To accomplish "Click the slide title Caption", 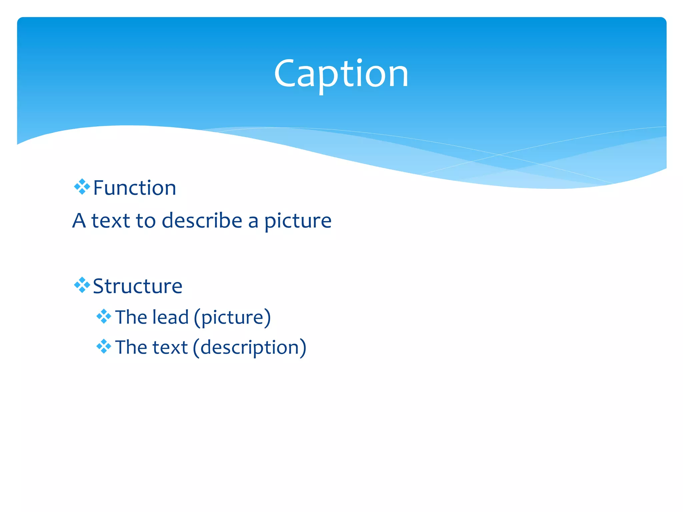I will click(x=341, y=74).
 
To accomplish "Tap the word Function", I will click(x=134, y=188).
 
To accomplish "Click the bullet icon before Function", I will click(x=82, y=187).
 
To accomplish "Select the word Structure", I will click(x=137, y=286).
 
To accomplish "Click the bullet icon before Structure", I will click(x=82, y=285).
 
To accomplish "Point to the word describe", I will click(x=202, y=220).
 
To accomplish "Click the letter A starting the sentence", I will click(x=79, y=221).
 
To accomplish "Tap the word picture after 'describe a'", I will click(x=298, y=221).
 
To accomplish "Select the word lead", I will click(x=170, y=317).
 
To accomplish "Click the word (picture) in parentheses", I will click(x=232, y=317).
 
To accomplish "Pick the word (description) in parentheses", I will click(x=249, y=348).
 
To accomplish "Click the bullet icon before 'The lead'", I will click(x=104, y=316).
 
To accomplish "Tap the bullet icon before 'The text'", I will click(x=104, y=347).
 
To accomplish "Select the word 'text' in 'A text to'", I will click(x=111, y=221).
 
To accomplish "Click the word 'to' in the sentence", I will click(x=146, y=221).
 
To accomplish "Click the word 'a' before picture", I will click(x=253, y=221).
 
